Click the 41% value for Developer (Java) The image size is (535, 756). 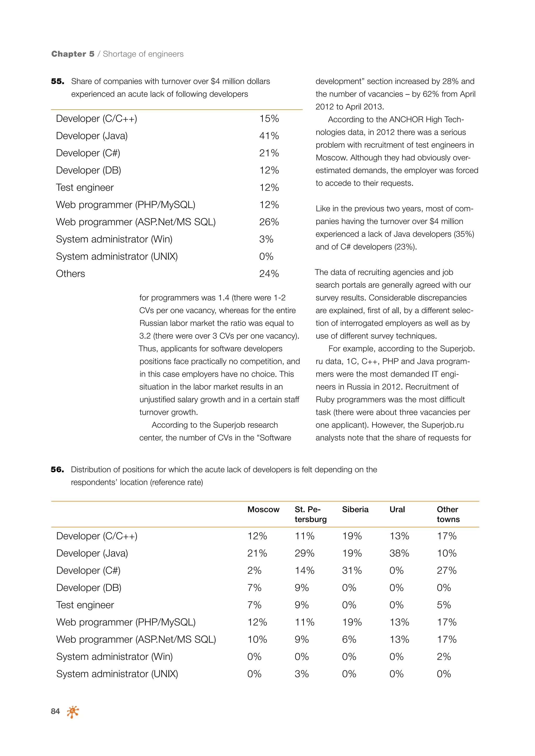(x=269, y=136)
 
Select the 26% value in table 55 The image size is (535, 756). (x=269, y=222)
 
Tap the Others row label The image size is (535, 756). (x=71, y=274)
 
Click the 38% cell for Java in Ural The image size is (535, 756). (x=399, y=553)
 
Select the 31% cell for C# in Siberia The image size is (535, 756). (x=352, y=570)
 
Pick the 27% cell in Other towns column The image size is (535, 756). (x=446, y=570)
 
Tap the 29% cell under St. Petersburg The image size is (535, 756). (x=304, y=553)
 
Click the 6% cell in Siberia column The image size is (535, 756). (x=349, y=639)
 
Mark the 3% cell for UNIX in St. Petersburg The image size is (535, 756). (x=301, y=674)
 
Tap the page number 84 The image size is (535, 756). (x=55, y=712)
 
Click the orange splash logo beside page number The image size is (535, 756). (x=73, y=712)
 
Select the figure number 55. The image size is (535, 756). (x=57, y=81)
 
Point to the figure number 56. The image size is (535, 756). (x=57, y=470)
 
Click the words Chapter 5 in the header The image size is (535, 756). (x=73, y=54)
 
